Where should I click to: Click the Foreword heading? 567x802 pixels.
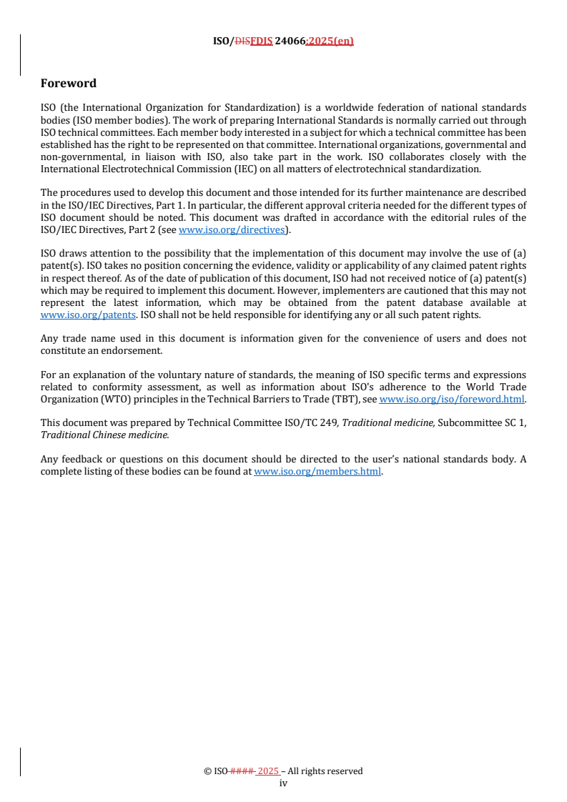click(x=69, y=84)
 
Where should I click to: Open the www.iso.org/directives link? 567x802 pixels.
click(x=231, y=229)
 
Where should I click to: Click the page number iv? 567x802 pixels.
click(x=283, y=783)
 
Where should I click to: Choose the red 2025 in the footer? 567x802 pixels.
click(x=268, y=771)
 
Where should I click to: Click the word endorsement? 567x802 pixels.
click(x=137, y=351)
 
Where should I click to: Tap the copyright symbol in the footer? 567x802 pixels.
click(x=207, y=771)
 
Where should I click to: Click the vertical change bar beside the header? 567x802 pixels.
click(x=20, y=54)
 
